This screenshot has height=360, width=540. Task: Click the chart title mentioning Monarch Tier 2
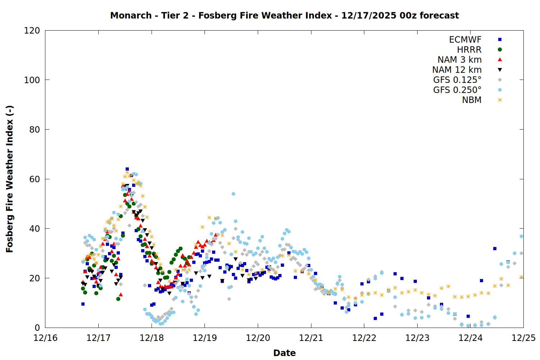click(x=284, y=15)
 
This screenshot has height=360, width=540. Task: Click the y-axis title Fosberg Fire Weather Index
click(x=10, y=179)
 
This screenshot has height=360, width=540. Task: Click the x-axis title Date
click(x=284, y=353)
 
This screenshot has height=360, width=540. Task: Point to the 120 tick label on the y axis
click(x=32, y=31)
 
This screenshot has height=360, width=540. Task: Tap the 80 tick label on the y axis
click(x=35, y=130)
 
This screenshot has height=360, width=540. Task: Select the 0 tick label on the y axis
click(x=37, y=328)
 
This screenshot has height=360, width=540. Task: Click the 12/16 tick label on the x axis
click(x=45, y=338)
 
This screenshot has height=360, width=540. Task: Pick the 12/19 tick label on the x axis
click(x=205, y=338)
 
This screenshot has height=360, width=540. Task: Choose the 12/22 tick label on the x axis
click(x=364, y=338)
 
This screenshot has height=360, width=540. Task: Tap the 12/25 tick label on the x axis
click(x=523, y=338)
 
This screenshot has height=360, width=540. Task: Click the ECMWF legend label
click(x=465, y=40)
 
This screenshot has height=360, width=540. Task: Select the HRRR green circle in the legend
click(x=500, y=50)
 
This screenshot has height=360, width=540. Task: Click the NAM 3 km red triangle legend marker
click(x=500, y=59)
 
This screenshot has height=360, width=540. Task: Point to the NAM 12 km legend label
click(x=457, y=70)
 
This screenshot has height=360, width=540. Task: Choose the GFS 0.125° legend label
click(x=457, y=80)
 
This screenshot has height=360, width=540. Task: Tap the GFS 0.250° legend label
click(x=457, y=90)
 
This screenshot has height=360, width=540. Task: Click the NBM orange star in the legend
click(x=500, y=100)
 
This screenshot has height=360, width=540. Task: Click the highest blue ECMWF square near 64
click(x=127, y=169)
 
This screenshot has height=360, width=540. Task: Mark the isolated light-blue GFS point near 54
click(x=233, y=194)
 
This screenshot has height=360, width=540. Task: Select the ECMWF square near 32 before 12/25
click(x=495, y=248)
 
